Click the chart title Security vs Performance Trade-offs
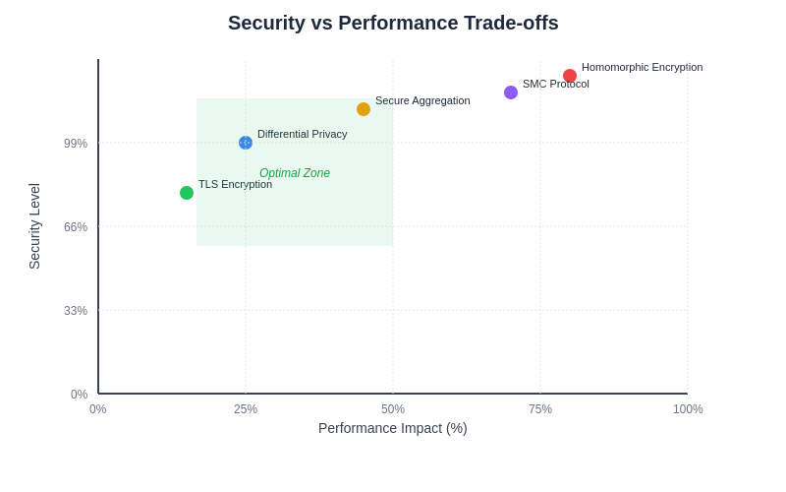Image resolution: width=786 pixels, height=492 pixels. [393, 23]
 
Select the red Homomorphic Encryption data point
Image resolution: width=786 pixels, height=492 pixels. [570, 76]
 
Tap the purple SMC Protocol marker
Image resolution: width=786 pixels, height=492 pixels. [511, 92]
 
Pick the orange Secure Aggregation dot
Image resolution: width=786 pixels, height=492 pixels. [364, 109]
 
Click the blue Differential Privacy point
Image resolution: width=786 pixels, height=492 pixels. [246, 143]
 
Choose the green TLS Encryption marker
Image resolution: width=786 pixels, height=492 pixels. [187, 193]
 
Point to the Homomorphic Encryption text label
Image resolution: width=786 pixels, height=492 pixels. [642, 67]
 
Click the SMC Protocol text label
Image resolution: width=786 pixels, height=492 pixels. [555, 84]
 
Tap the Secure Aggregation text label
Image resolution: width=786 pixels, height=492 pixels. [422, 100]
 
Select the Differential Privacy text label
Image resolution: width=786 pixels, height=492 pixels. [302, 134]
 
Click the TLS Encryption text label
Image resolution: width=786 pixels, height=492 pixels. [235, 184]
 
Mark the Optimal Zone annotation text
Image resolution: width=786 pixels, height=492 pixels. [295, 173]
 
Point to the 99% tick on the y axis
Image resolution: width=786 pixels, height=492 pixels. [76, 144]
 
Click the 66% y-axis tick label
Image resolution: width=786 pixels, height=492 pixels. [76, 227]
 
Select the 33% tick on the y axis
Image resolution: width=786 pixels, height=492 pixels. [76, 311]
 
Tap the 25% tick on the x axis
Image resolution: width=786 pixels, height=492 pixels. [246, 409]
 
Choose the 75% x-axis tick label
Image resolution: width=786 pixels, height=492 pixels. [540, 409]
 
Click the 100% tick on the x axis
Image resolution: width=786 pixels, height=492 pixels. [688, 409]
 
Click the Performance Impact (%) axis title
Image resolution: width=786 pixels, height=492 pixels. [393, 428]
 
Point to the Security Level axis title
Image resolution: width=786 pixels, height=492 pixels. [34, 226]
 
